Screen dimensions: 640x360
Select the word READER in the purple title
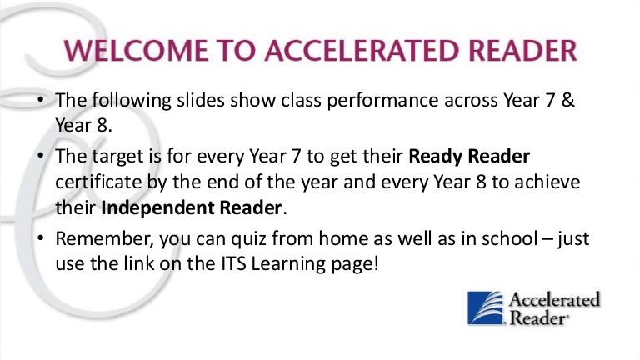[522, 51]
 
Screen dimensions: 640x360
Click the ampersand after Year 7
[567, 100]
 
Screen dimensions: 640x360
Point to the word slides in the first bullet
[200, 100]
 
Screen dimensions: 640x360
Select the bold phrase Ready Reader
[469, 157]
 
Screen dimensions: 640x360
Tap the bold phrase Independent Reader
[191, 208]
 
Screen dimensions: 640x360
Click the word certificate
[98, 182]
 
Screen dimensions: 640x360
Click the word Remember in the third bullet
[103, 239]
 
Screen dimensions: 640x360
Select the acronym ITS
[234, 263]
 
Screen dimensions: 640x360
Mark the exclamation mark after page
[376, 263]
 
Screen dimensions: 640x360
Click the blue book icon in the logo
[486, 307]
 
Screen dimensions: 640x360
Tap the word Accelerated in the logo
[554, 300]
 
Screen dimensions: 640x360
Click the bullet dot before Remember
[40, 238]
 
